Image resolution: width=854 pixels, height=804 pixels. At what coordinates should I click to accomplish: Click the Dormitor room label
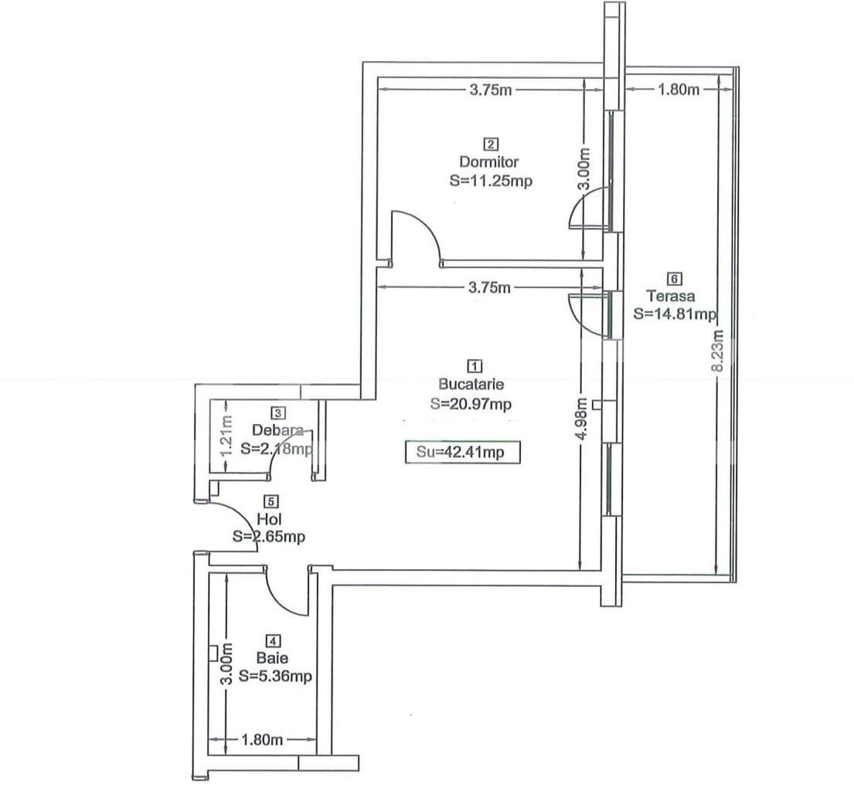[489, 162]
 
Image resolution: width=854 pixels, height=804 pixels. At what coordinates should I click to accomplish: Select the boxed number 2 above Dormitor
[490, 144]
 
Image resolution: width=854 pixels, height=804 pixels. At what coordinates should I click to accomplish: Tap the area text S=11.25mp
[490, 181]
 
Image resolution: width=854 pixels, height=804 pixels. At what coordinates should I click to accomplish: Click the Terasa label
[671, 296]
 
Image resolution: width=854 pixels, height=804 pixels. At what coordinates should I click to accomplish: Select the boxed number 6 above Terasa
[674, 278]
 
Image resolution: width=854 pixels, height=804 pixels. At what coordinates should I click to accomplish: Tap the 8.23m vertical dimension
[718, 351]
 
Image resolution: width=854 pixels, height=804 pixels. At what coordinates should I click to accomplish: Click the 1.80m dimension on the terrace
[678, 90]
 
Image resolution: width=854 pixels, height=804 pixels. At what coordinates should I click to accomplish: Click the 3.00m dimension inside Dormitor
[585, 170]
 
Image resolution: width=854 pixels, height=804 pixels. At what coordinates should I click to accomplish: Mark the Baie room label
[273, 659]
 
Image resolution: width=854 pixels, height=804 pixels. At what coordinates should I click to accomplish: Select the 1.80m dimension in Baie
[262, 740]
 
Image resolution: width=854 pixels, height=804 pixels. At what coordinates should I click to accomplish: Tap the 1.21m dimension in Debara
[226, 436]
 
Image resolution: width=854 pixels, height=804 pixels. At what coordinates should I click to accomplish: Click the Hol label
[269, 519]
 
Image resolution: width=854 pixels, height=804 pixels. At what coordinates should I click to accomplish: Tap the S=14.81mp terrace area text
[675, 314]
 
